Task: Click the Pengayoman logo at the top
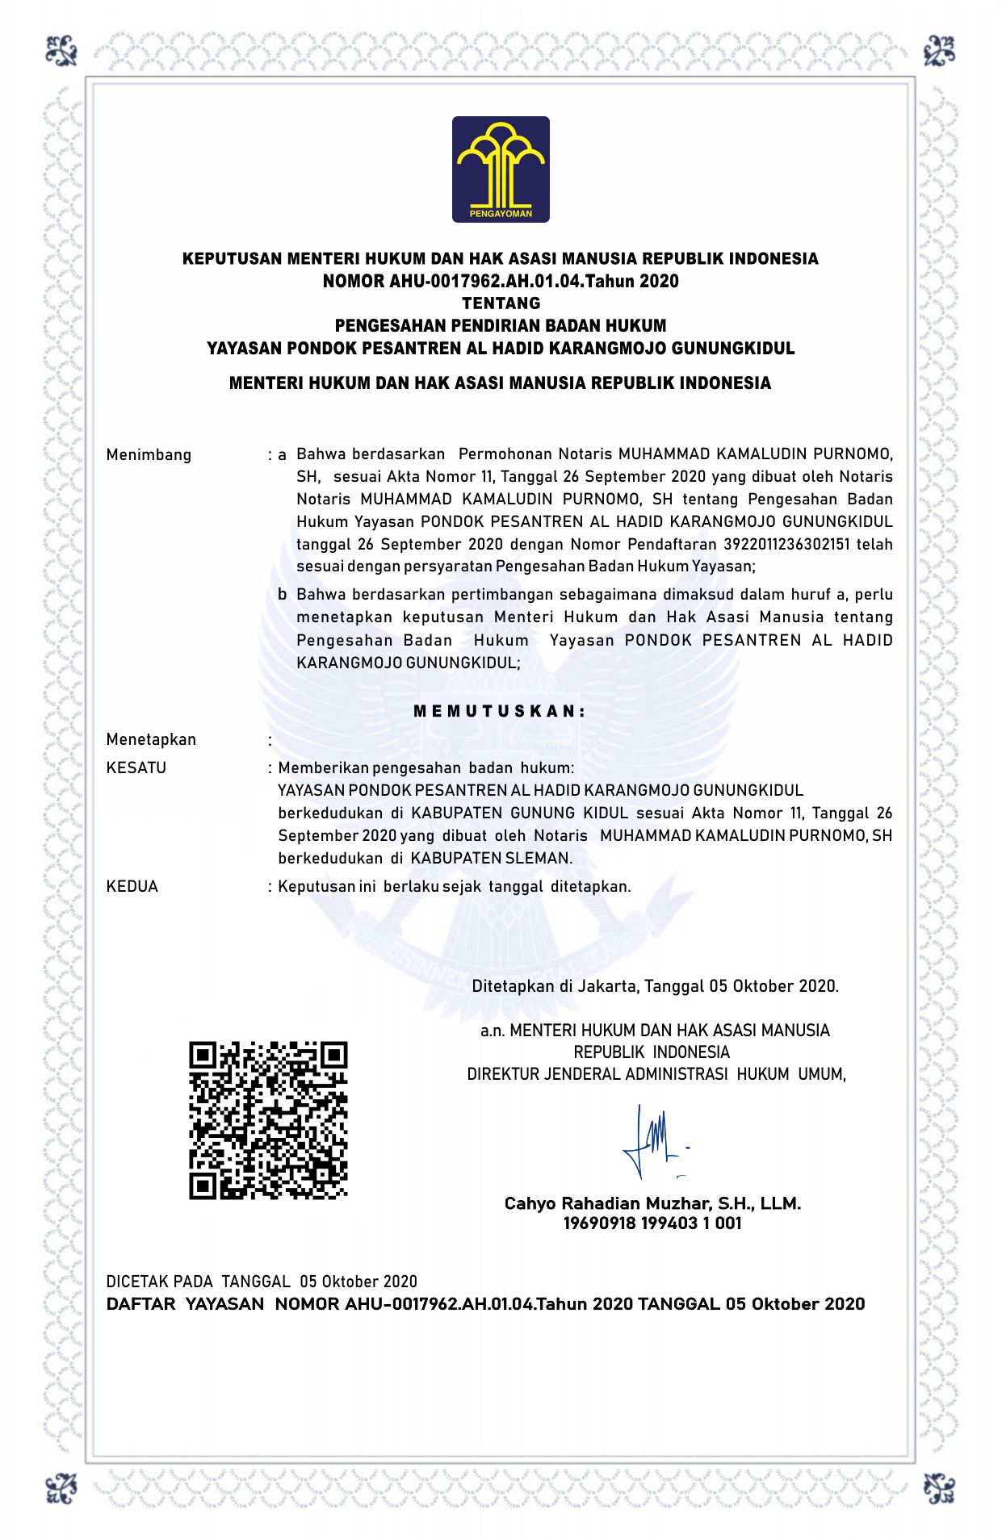pos(501,169)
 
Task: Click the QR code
pos(268,1120)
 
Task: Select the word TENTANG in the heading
pos(501,303)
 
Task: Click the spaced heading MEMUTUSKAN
pos(500,711)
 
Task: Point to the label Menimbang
pos(149,454)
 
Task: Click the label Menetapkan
pos(151,739)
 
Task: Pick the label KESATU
pos(136,767)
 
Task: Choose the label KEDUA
pos(132,886)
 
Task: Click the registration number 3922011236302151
pos(786,544)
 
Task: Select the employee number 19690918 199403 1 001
pos(652,1223)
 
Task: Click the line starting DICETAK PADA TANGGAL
pos(262,1282)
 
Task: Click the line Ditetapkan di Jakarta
pos(655,986)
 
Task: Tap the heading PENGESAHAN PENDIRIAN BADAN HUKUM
pos(501,326)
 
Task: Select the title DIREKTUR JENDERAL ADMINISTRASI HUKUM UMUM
pos(656,1074)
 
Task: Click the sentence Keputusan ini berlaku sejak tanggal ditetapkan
pos(454,886)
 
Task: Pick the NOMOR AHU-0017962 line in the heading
pos(501,281)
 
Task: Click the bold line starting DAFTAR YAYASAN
pos(485,1304)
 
